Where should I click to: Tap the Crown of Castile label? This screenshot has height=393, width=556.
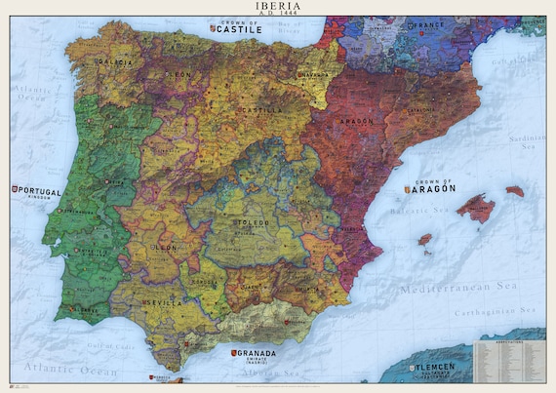[238, 29]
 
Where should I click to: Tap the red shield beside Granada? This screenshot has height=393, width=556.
[232, 352]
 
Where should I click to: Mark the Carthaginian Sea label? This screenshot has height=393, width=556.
[502, 313]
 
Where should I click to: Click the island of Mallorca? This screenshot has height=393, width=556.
[475, 207]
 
